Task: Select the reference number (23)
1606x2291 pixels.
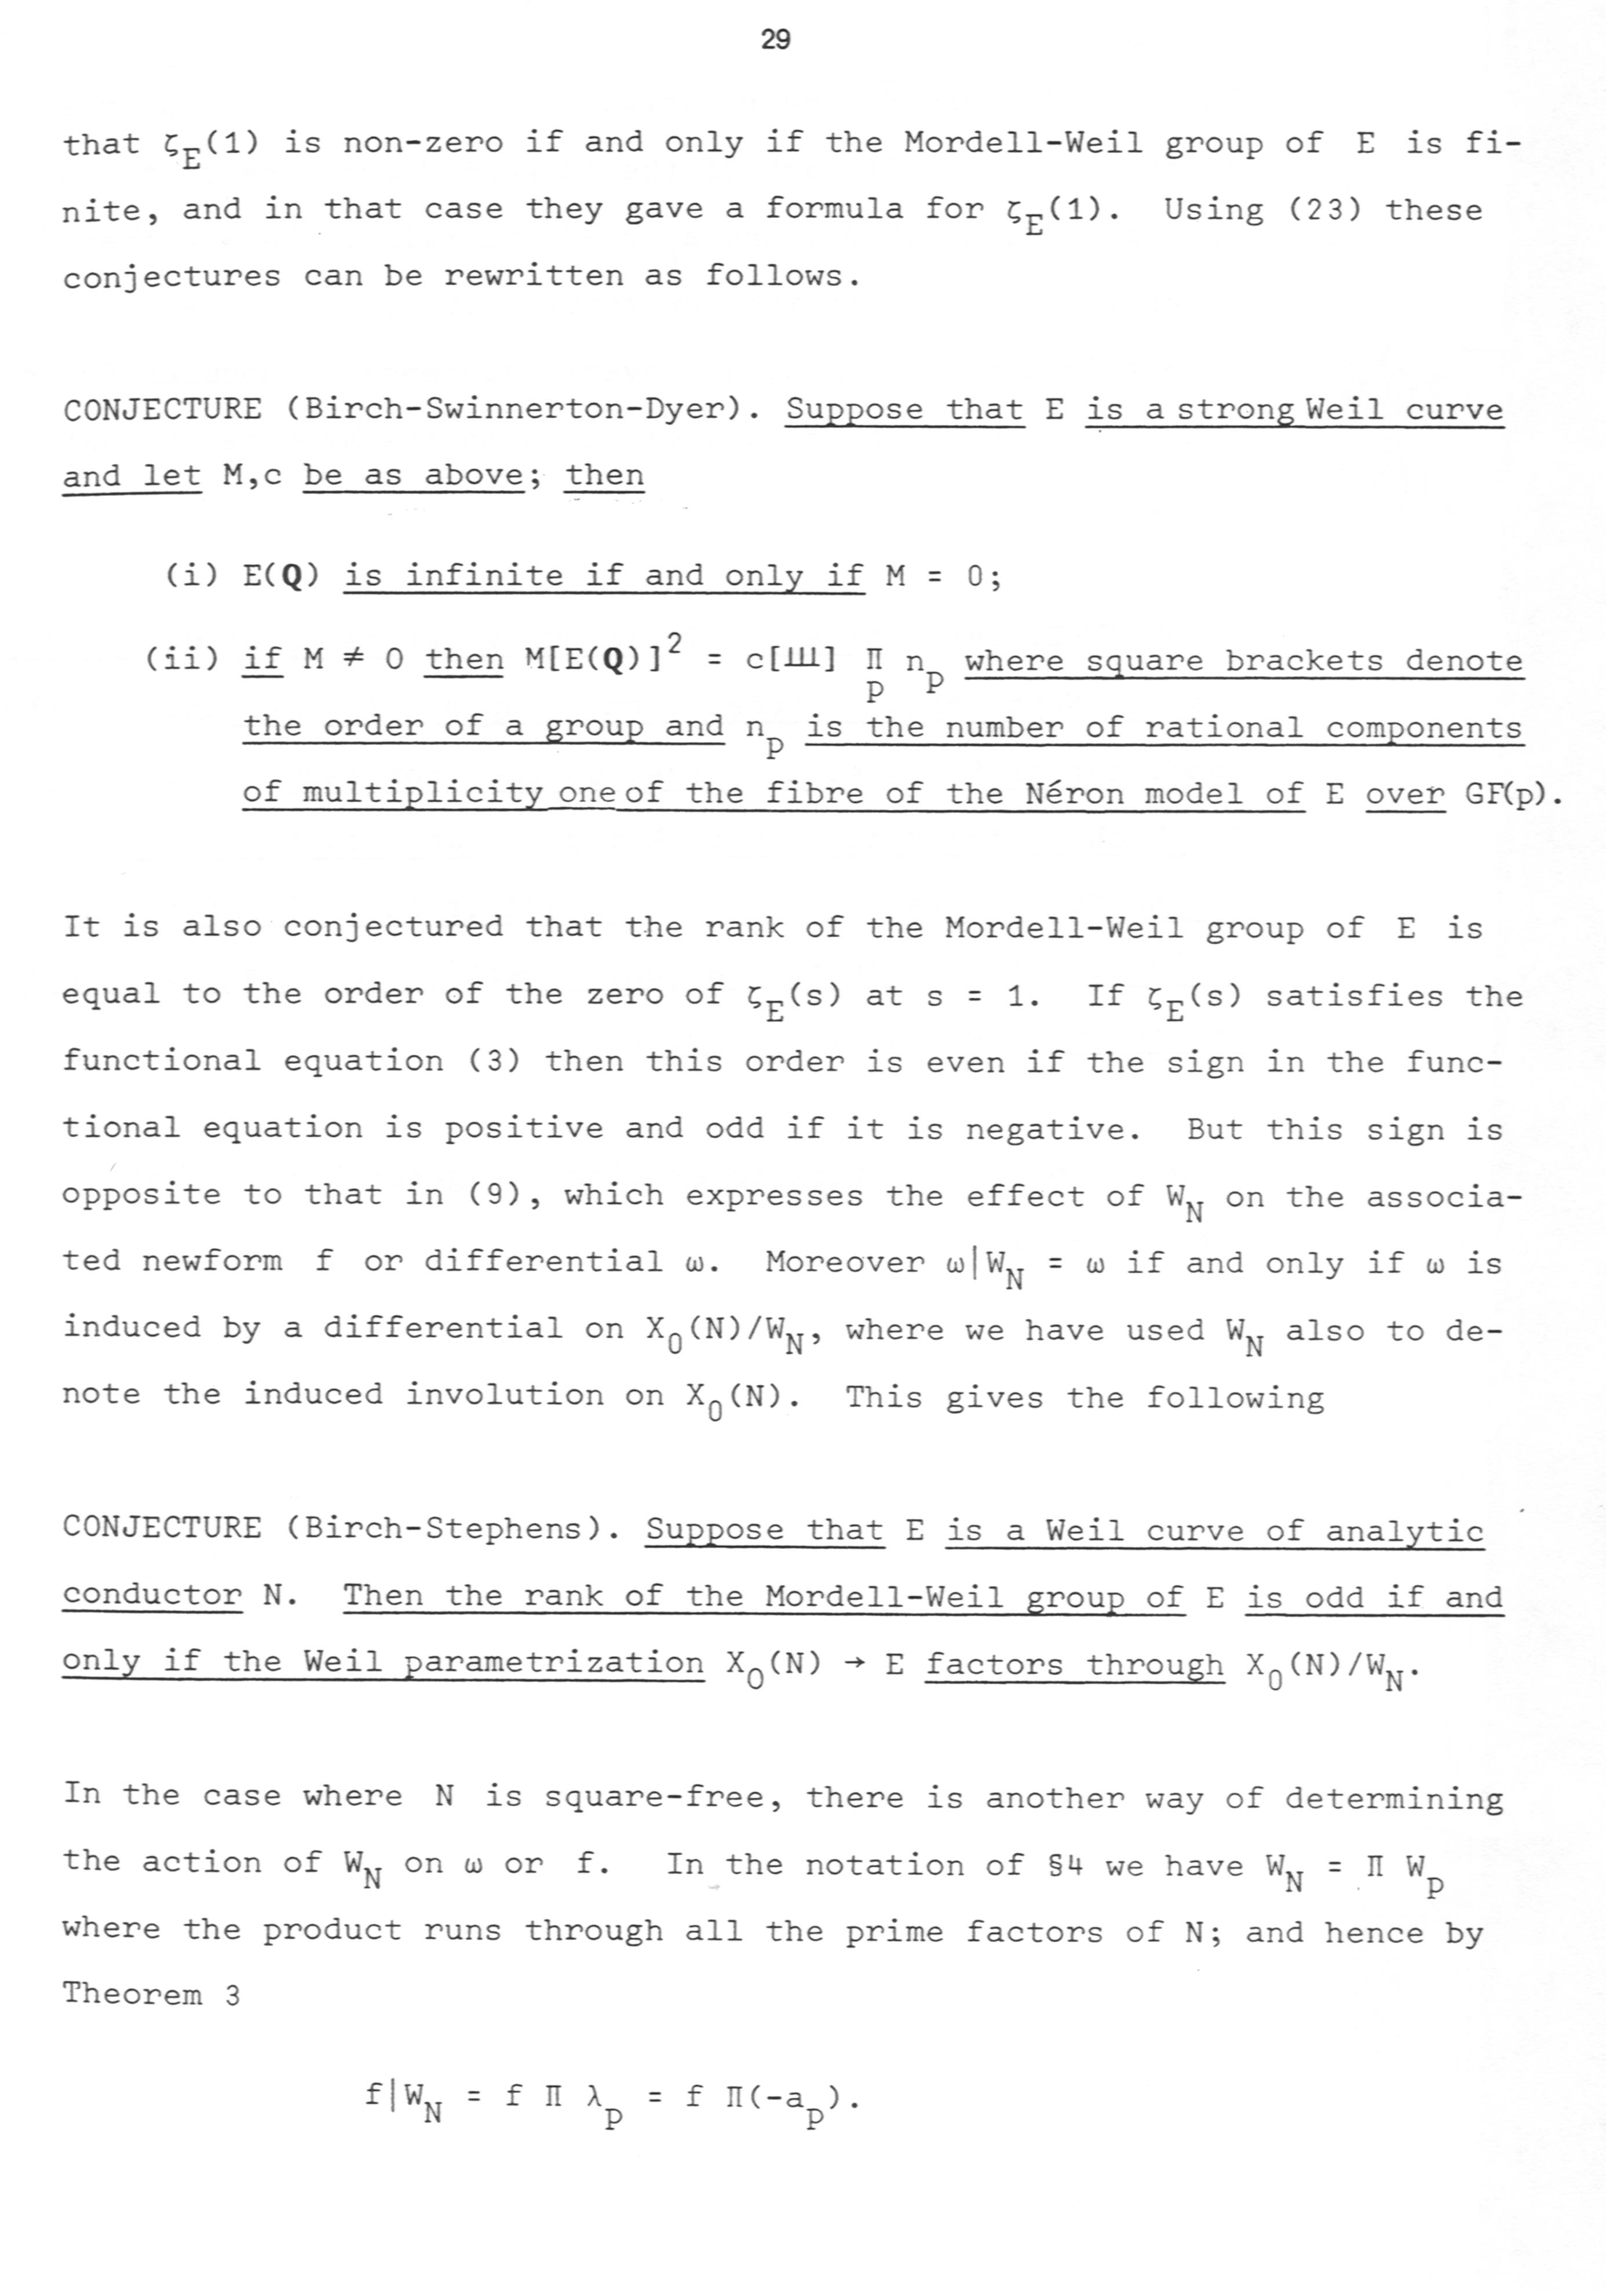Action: [1311, 210]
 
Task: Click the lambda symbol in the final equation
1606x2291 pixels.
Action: [596, 2095]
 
